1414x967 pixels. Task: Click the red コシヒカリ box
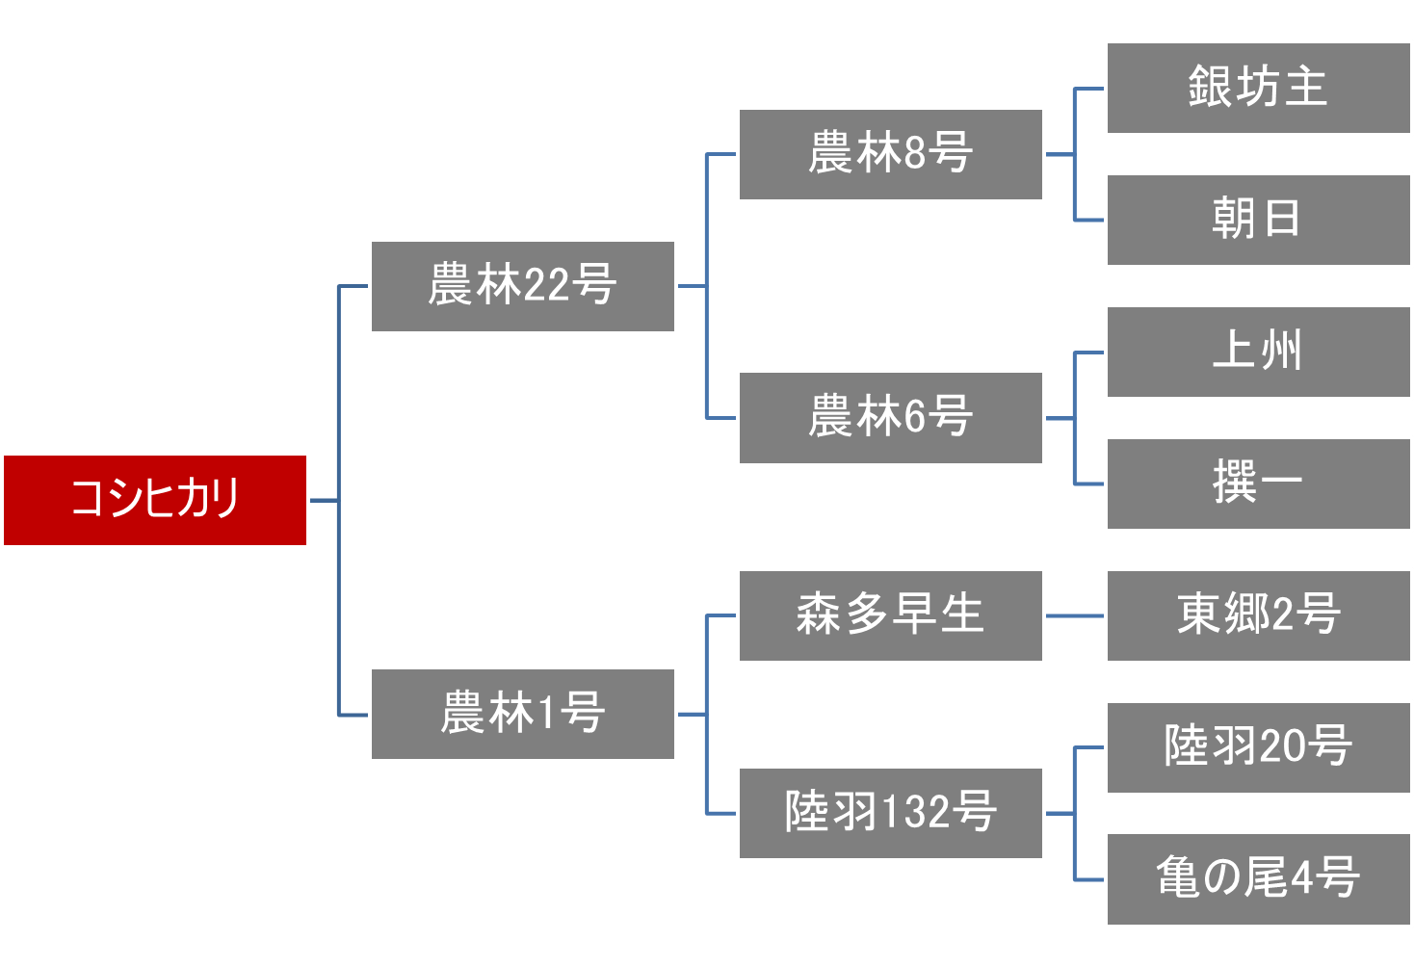click(x=155, y=500)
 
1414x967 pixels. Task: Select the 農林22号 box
click(x=522, y=286)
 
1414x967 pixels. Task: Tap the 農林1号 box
click(x=522, y=714)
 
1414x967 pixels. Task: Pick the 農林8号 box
click(x=890, y=154)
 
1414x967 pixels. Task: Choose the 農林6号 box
click(x=890, y=417)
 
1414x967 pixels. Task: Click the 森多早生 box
click(x=890, y=615)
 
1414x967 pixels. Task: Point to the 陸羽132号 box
click(x=890, y=813)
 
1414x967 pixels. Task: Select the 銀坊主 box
click(x=1258, y=88)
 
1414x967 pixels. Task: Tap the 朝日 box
click(x=1258, y=220)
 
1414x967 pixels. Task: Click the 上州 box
click(x=1258, y=352)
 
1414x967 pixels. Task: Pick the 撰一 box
click(x=1258, y=483)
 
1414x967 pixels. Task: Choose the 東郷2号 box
click(x=1258, y=615)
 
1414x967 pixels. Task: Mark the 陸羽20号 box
click(x=1258, y=747)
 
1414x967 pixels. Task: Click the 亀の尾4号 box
click(x=1258, y=878)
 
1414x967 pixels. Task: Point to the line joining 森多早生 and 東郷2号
click(x=1074, y=615)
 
